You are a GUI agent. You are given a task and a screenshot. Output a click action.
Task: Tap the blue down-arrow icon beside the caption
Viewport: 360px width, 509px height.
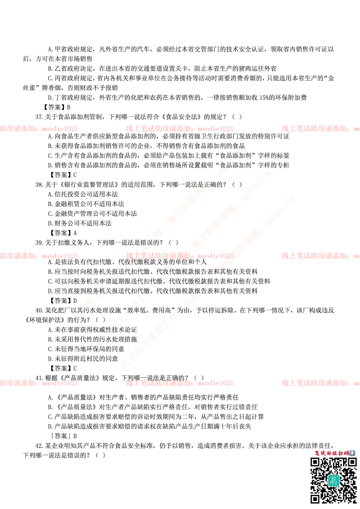click(x=352, y=453)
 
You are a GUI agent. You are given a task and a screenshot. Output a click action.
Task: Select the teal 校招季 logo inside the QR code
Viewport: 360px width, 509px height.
click(x=333, y=480)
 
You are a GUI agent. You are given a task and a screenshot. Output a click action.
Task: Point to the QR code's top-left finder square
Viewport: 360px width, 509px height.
click(x=315, y=462)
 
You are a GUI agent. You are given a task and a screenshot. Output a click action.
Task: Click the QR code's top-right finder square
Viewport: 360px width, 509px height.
click(x=352, y=462)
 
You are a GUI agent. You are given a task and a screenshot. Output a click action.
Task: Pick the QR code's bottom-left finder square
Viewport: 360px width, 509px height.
click(x=315, y=499)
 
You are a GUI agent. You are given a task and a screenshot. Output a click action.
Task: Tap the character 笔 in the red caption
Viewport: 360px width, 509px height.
click(x=317, y=453)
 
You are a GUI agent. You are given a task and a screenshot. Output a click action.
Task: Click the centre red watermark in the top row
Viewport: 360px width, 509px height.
click(x=179, y=128)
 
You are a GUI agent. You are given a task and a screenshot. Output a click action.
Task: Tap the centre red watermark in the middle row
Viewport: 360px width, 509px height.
click(x=179, y=256)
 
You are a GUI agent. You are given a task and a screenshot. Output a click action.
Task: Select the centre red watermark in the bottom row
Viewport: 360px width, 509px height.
click(x=179, y=383)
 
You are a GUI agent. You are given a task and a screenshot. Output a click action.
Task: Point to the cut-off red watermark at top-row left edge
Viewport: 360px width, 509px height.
click(x=39, y=128)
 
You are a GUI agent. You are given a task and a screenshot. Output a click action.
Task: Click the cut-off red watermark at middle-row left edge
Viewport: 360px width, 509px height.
click(x=39, y=256)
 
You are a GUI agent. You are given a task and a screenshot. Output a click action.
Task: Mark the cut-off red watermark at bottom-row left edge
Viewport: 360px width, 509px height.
click(x=39, y=383)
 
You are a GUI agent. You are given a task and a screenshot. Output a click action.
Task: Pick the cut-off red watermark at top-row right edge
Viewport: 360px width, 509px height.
click(x=320, y=128)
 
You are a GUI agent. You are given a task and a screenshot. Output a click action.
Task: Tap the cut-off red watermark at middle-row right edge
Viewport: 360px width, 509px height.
click(x=320, y=256)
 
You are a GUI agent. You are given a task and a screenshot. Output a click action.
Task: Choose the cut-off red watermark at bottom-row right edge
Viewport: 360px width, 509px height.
click(x=320, y=383)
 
